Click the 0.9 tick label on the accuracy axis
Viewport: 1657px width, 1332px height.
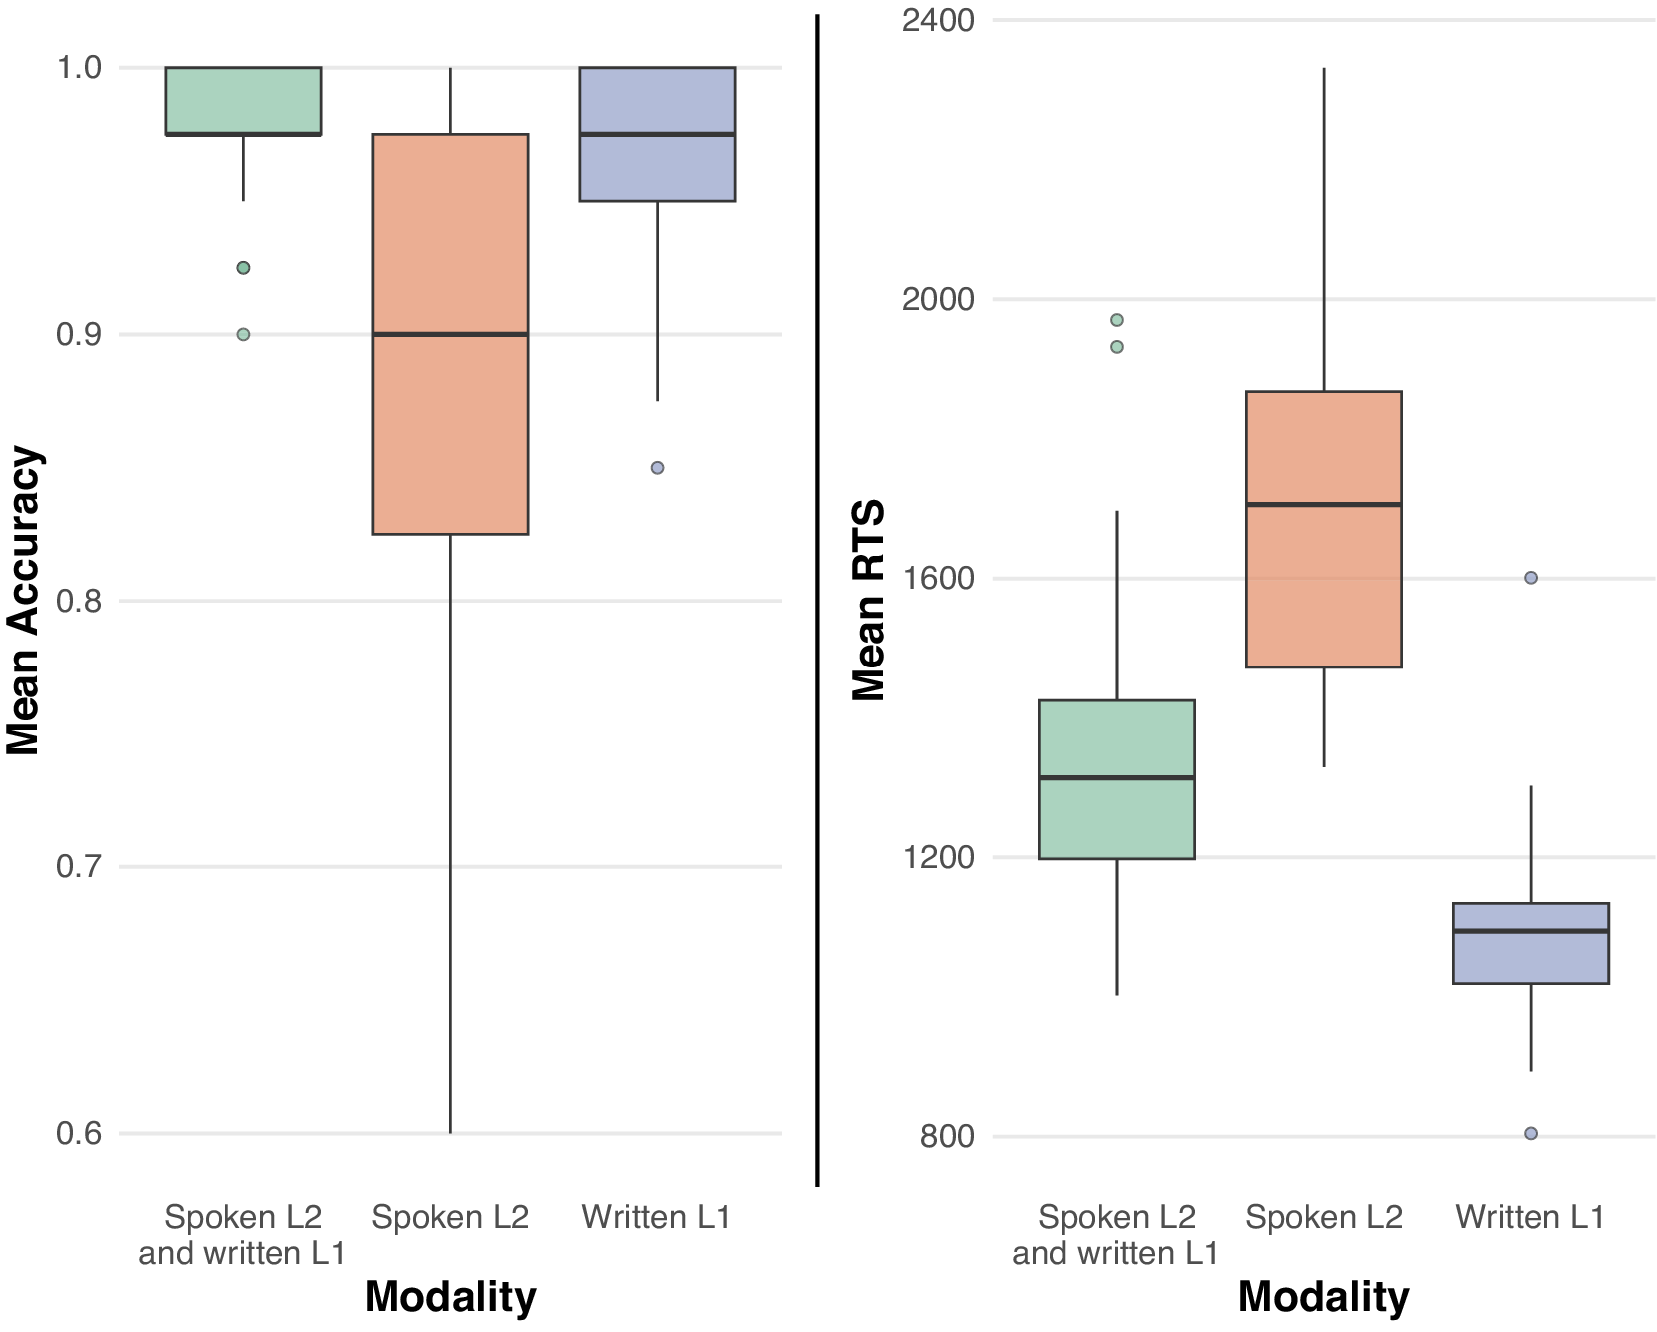79,334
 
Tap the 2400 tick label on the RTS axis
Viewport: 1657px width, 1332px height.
937,20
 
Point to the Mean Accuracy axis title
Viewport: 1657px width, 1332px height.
23,600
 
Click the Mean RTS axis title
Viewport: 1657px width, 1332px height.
868,600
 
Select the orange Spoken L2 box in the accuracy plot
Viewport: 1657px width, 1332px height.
450,430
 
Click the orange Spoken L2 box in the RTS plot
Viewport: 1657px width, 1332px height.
1323,590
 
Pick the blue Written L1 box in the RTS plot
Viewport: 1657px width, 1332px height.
1530,959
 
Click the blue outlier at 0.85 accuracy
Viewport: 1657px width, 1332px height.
657,468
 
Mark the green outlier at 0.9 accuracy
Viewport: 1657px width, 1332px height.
243,334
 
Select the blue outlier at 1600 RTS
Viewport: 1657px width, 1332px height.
1530,578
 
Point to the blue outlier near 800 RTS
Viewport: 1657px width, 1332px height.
1530,1133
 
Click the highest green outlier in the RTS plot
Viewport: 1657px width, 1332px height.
1116,320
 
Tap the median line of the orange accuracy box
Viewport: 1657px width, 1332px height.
450,334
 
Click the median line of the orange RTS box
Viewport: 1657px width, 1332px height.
1323,504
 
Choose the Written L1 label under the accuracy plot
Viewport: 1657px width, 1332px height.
656,1217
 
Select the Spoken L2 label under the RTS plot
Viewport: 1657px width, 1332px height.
1323,1217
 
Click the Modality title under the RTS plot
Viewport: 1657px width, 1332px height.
1323,1297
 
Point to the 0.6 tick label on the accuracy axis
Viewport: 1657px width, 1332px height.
79,1133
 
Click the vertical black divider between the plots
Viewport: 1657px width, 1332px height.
817,600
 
